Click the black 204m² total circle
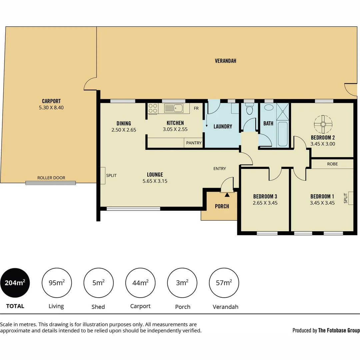coord(15,283)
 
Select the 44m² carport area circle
coord(140,283)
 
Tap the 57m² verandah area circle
coord(224,283)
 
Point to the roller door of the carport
coord(51,182)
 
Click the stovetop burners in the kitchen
coord(153,108)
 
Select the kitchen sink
coord(173,108)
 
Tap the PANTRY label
coord(194,143)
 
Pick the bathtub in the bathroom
coord(282,134)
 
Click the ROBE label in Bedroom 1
coord(332,164)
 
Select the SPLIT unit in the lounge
coord(103,175)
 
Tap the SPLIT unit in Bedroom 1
coord(350,198)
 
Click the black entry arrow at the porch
coord(227,195)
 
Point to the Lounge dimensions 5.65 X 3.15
coord(155,181)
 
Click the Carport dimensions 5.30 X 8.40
coord(51,108)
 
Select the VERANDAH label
coord(225,61)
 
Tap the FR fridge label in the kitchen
coord(196,108)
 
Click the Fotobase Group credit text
coord(326,330)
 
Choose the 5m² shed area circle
coord(98,283)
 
